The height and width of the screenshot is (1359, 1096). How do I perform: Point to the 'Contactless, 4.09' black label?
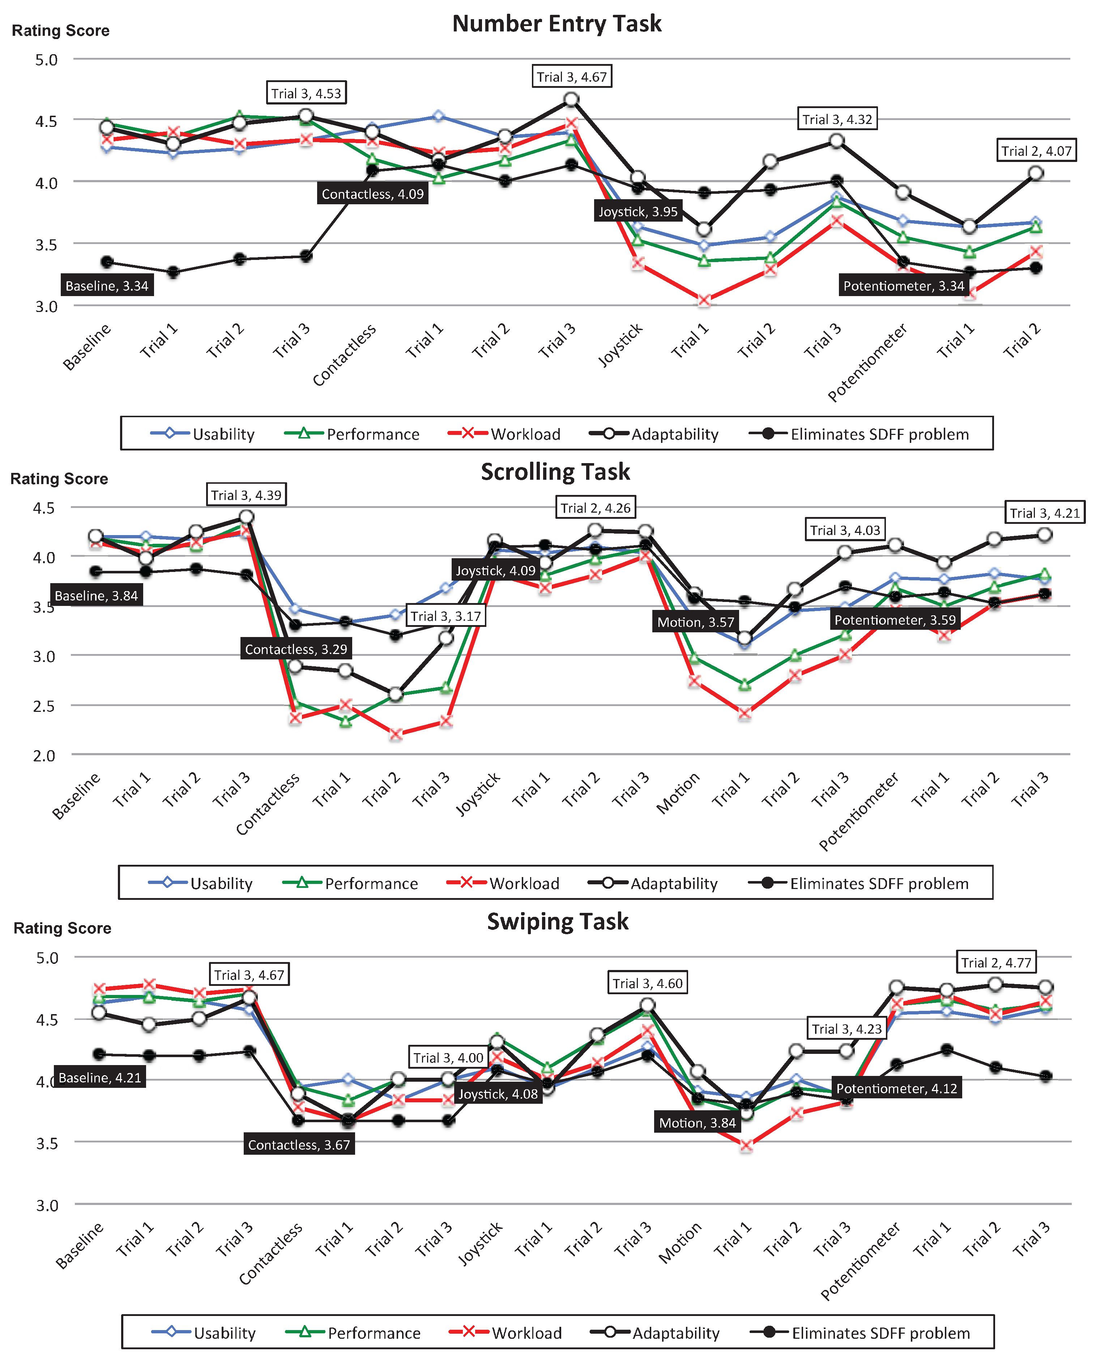(372, 194)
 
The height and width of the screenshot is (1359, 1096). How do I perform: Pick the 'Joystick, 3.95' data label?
(637, 211)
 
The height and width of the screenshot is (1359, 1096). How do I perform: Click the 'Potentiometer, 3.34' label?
(903, 286)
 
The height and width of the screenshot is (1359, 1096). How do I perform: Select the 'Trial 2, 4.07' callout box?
(1036, 151)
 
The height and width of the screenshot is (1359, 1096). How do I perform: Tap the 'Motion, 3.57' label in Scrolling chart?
(696, 622)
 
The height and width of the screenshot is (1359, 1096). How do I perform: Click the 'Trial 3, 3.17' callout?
(446, 616)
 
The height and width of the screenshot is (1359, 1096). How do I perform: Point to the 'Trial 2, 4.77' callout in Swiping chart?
(995, 963)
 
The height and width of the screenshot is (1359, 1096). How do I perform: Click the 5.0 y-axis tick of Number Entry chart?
(46, 60)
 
